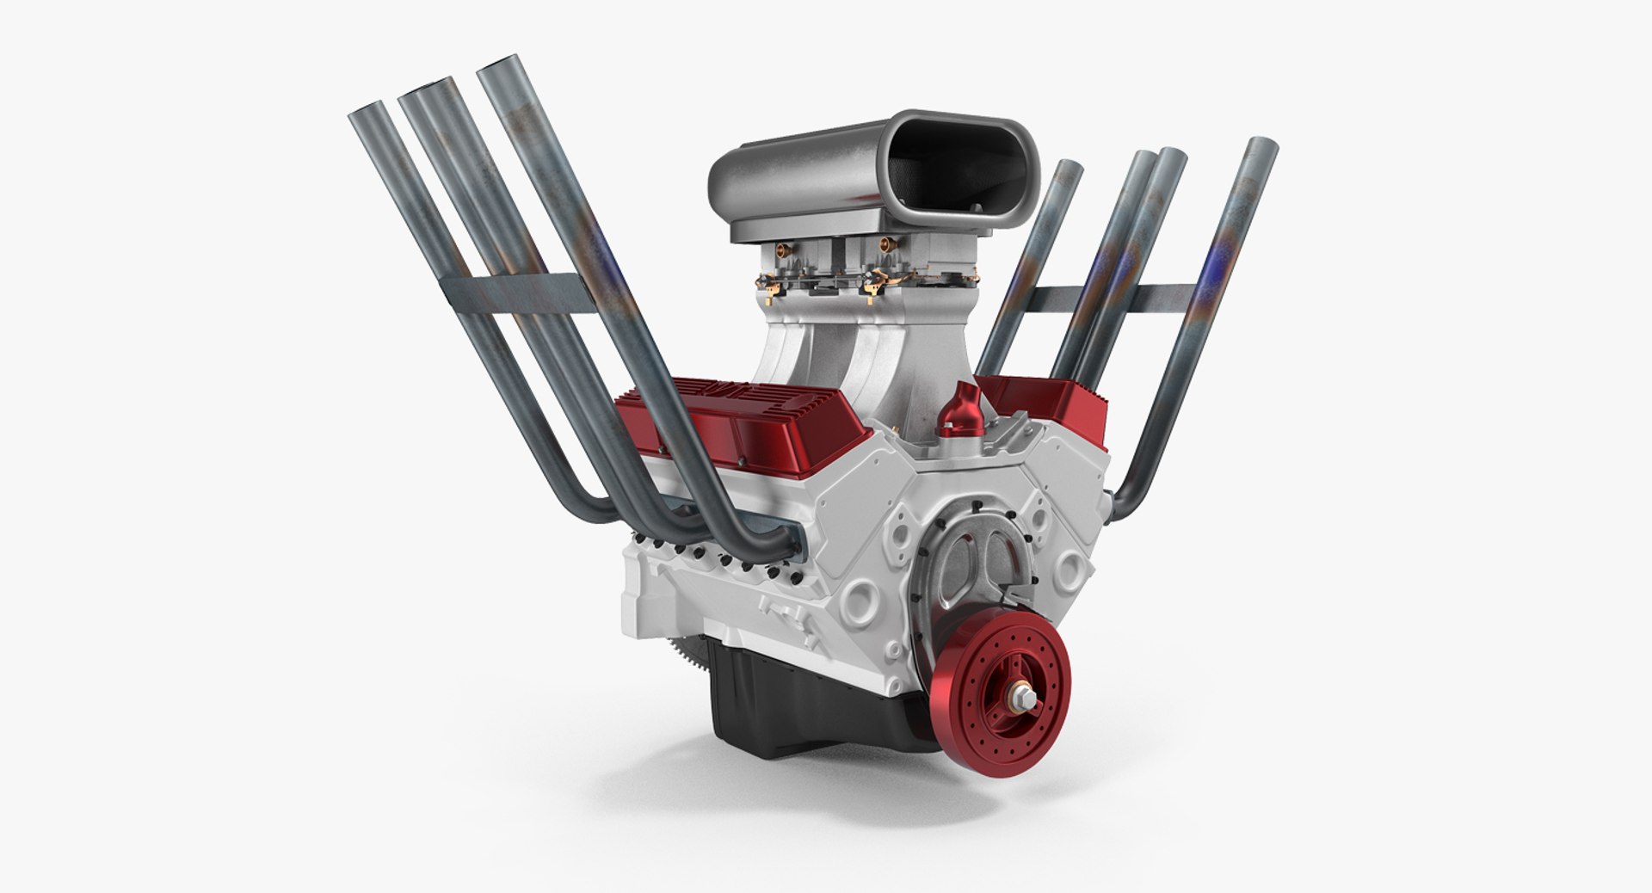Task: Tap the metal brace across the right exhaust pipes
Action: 1110,298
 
